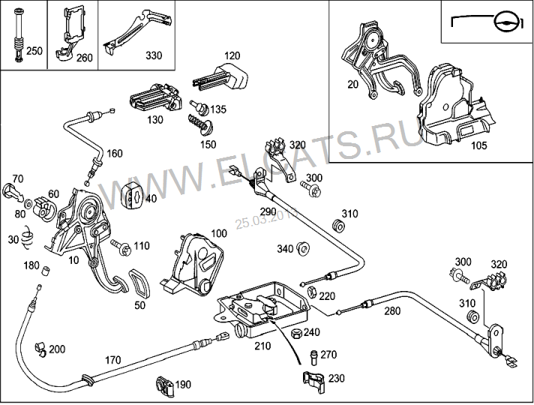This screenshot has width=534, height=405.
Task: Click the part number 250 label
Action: [x=34, y=52]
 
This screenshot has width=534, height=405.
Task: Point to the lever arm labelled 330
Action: [x=139, y=31]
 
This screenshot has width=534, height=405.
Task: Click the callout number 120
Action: [x=232, y=56]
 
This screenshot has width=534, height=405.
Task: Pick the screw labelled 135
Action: [x=199, y=108]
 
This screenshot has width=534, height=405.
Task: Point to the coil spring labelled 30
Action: [x=28, y=238]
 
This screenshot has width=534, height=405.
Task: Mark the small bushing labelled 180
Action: [x=45, y=269]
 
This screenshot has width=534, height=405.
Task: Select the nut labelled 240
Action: [x=295, y=333]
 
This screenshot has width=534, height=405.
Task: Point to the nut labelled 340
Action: [x=304, y=248]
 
